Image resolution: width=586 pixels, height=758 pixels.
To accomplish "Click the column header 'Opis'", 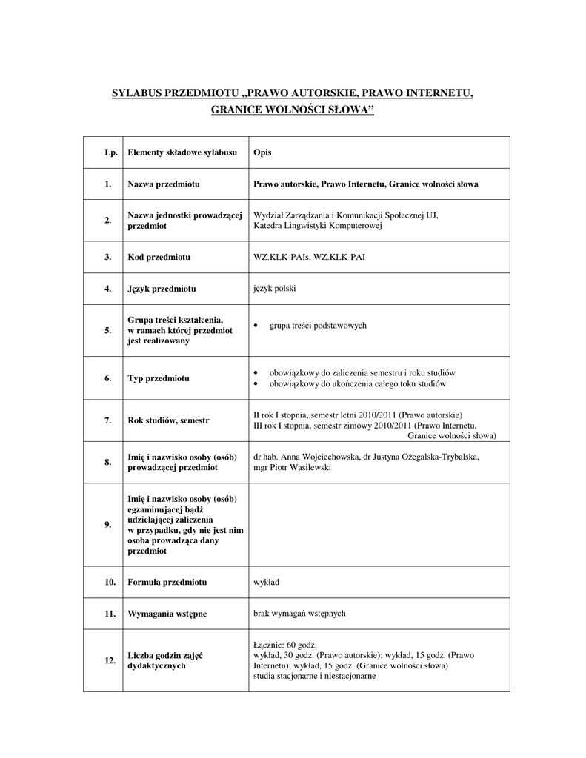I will [262, 152].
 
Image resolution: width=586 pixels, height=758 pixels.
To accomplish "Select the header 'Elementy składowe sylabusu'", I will [182, 152].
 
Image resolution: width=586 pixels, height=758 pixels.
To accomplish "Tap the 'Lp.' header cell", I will [110, 152].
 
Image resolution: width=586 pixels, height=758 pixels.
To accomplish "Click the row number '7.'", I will [108, 420].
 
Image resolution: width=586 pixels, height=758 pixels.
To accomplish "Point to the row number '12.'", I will [110, 660].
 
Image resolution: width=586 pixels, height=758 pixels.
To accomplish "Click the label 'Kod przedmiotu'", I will [159, 257].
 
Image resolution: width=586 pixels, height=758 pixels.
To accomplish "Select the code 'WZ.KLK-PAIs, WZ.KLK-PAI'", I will [308, 257].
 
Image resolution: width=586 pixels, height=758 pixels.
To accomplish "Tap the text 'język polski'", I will [274, 288].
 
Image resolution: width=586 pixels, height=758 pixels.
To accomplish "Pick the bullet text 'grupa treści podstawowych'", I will [318, 326].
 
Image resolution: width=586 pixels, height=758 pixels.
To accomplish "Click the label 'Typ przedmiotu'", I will [159, 378].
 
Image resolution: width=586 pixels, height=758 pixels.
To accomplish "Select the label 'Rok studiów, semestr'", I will [168, 420].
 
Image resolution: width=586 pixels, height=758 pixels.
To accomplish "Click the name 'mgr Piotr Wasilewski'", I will [292, 468].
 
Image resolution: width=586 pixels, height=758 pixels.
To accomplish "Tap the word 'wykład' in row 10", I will [266, 583].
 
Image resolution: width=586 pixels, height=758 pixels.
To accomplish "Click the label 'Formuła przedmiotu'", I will [167, 583].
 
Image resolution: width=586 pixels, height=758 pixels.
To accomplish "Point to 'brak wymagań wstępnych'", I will [299, 614].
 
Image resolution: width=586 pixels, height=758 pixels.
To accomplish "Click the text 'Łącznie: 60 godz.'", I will [284, 645].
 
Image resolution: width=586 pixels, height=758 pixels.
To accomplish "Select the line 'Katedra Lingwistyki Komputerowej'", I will [317, 226].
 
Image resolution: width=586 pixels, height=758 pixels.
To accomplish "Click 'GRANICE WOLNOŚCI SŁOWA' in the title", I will [292, 110].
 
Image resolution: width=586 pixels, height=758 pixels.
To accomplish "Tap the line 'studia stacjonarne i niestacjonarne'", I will [315, 676].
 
